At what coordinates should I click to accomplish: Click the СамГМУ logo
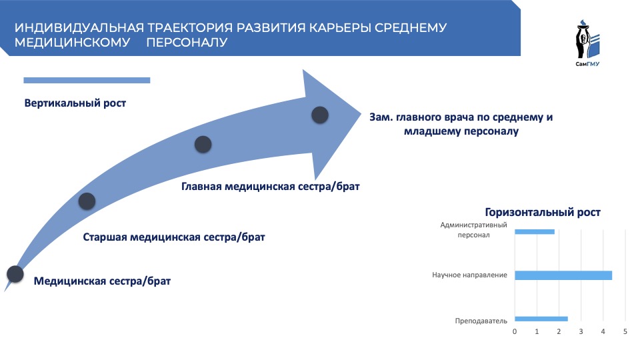point(588,43)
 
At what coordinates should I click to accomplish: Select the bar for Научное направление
point(563,275)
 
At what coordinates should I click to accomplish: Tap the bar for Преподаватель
point(541,319)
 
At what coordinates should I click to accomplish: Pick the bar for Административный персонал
point(535,232)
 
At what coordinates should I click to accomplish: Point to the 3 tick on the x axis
point(581,331)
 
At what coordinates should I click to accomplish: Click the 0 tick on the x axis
point(515,331)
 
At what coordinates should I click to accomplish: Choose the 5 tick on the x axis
point(625,331)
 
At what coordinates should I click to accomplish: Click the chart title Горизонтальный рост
point(543,212)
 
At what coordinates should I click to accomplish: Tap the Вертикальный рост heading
point(75,103)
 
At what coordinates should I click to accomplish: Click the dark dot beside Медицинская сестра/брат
point(15,274)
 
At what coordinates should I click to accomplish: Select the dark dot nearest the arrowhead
point(320,115)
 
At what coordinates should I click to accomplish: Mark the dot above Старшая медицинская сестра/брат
point(87,201)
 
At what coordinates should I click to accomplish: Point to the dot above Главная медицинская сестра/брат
point(203,145)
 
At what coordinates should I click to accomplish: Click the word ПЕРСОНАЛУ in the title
point(187,42)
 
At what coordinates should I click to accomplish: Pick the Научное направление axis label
point(469,275)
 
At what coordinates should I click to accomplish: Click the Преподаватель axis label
point(481,321)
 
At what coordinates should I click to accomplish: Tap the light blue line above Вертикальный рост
point(87,81)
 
